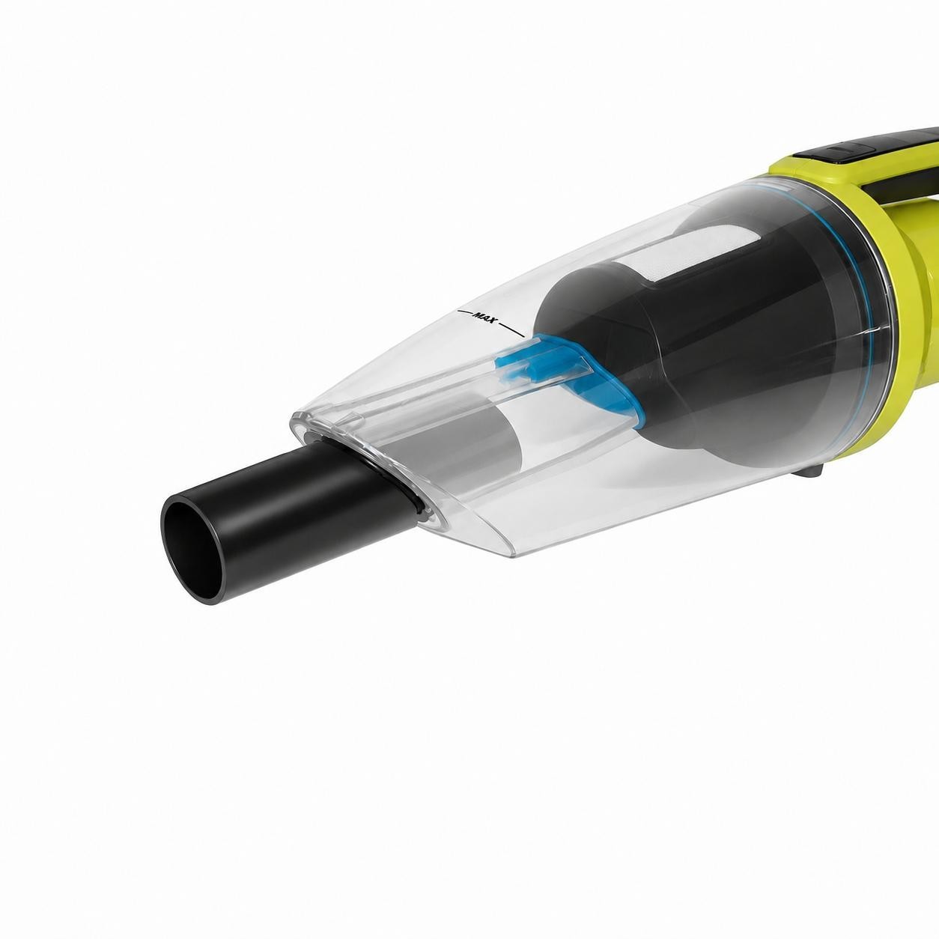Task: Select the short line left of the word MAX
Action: (465, 311)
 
